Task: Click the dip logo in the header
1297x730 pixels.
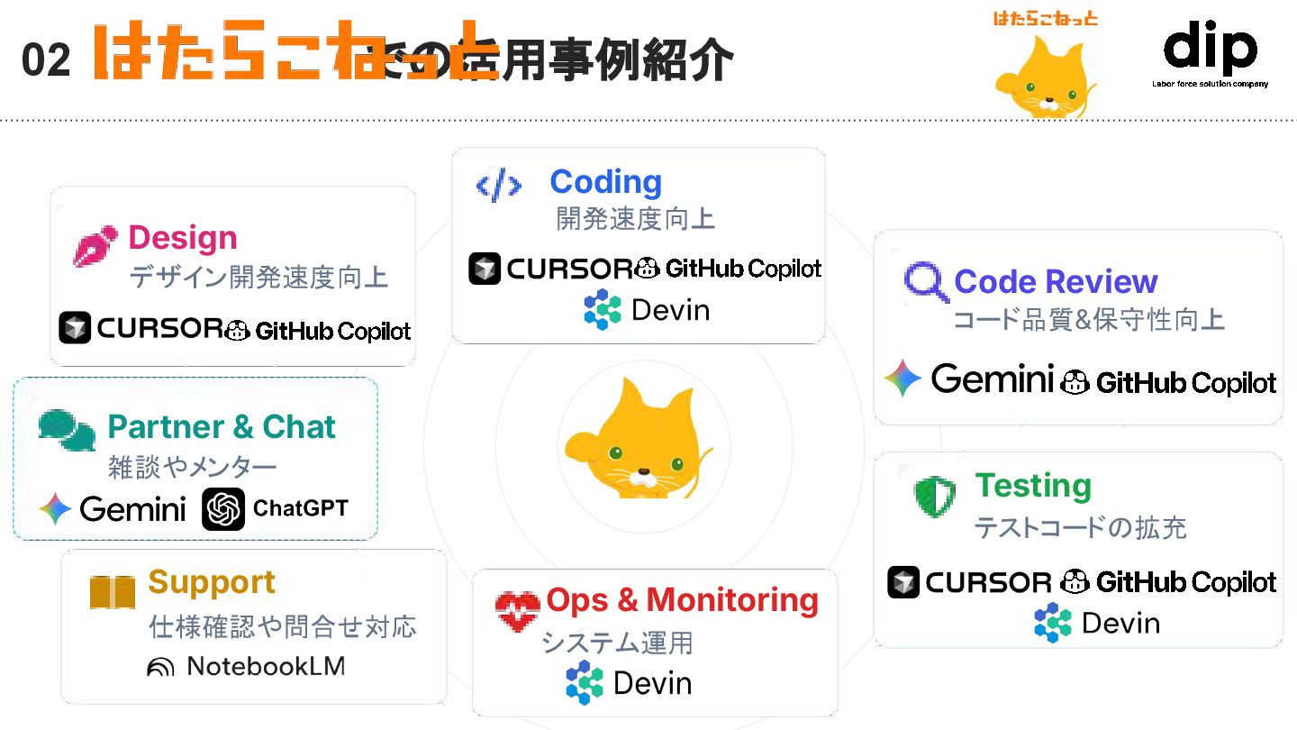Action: (1210, 52)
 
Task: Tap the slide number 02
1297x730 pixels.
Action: (46, 60)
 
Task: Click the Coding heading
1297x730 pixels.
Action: (605, 181)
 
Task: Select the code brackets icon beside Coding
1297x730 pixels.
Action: (498, 186)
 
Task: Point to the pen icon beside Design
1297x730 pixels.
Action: (95, 245)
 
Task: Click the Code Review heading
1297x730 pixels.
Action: (1055, 281)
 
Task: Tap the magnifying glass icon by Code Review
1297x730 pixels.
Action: (925, 283)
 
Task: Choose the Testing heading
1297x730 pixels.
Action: (1032, 485)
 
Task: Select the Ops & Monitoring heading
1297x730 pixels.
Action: (682, 599)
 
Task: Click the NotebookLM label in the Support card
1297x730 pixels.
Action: (265, 666)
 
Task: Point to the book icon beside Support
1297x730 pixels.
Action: (113, 591)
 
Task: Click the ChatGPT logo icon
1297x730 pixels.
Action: (223, 509)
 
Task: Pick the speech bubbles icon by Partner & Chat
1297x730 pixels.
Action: (67, 430)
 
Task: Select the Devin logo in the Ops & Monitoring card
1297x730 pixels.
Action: (585, 682)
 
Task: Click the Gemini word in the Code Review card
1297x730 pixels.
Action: (992, 379)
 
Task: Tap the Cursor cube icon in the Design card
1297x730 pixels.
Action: (75, 328)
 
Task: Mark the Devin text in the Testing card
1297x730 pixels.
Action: (1120, 623)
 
